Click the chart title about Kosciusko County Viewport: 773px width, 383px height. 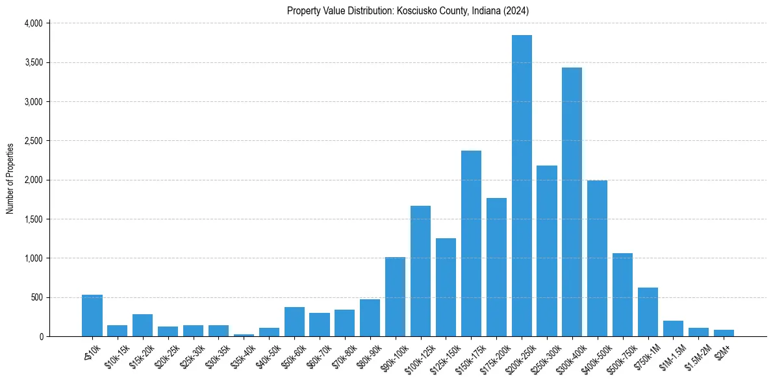[x=408, y=11]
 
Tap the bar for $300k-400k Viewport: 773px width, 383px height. [x=572, y=202]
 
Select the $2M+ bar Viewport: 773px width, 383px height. [x=724, y=333]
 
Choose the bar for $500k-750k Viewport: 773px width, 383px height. [x=622, y=295]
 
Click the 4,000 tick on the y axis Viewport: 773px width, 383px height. [x=33, y=23]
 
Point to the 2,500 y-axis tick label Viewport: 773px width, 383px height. [x=33, y=141]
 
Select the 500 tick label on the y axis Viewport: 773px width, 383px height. [x=36, y=297]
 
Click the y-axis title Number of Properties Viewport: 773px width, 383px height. [x=10, y=179]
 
